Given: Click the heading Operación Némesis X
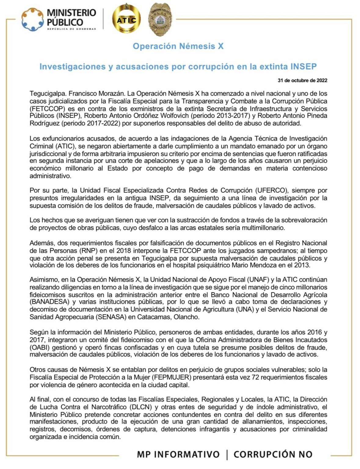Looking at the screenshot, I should point(178,46).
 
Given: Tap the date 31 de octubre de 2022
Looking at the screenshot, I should point(302,81).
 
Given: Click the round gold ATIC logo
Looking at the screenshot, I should point(126,20).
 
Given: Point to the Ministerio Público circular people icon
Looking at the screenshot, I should point(32,20).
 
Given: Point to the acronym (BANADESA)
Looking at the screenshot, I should point(49,302).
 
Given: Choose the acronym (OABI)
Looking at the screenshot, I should point(39,347).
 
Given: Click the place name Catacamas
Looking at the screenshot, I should point(154,317).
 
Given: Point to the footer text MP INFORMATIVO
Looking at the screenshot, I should point(178,454).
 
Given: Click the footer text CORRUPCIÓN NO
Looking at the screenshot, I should point(273,454).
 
